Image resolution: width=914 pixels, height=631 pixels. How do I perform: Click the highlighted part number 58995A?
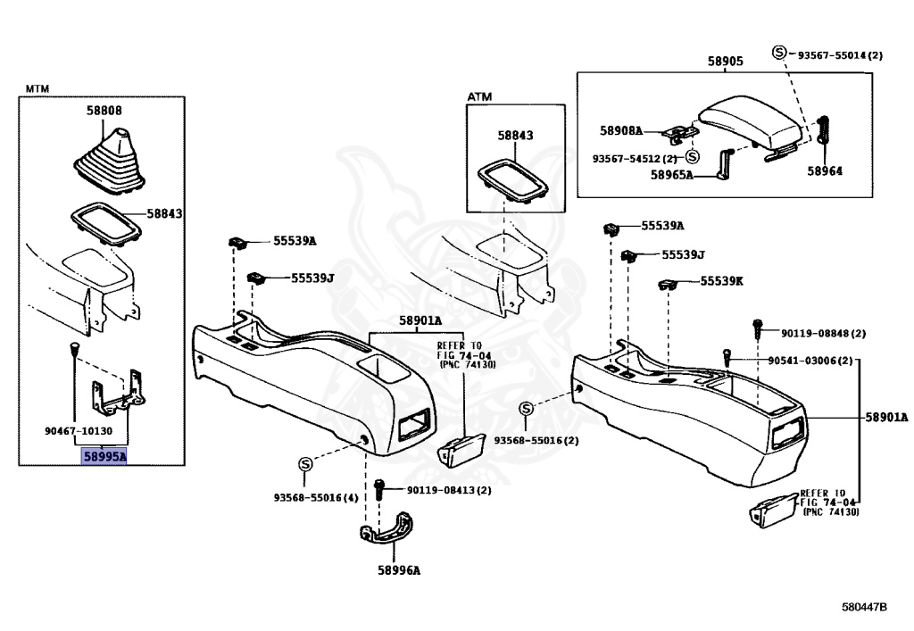click(x=104, y=456)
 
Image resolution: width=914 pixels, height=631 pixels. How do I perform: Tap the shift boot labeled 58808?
click(x=109, y=162)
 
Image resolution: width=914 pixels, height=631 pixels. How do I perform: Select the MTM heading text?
click(x=37, y=88)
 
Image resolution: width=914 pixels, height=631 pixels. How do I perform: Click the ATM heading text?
click(x=479, y=96)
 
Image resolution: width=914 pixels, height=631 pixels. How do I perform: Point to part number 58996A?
click(x=399, y=569)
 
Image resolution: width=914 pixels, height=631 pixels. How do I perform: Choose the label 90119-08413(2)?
click(x=449, y=490)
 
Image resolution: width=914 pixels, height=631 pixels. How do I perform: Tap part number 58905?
click(x=726, y=61)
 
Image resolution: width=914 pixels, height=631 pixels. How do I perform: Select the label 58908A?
click(x=621, y=130)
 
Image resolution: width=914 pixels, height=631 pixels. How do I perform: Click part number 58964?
click(x=825, y=170)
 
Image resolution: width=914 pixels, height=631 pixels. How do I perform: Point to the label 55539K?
click(x=721, y=281)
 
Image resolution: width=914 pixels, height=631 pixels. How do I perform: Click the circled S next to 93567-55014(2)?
click(x=779, y=52)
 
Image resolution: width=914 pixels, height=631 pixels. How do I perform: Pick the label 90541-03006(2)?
click(x=810, y=361)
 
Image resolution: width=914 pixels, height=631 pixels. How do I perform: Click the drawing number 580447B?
click(x=864, y=607)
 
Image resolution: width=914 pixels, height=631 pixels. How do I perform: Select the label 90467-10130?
click(x=79, y=430)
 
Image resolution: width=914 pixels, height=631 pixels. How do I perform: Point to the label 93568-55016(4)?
click(x=316, y=498)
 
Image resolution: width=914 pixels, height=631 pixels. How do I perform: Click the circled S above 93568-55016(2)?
click(x=527, y=409)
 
